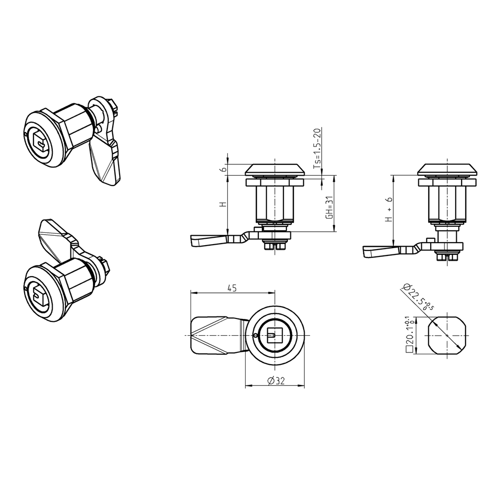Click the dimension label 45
point(232,288)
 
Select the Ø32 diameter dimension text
point(274,380)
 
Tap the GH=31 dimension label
point(330,208)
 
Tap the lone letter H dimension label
point(223,204)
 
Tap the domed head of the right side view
point(447,169)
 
